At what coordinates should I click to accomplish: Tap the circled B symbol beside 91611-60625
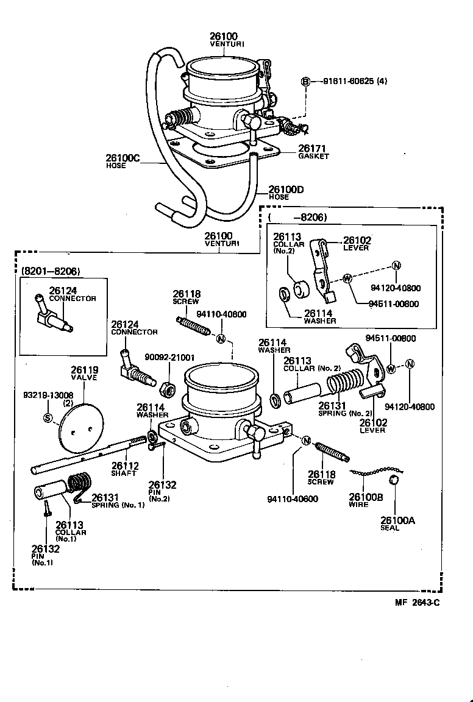point(306,81)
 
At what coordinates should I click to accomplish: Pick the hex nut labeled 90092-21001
point(169,387)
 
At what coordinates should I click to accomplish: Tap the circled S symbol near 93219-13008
point(48,417)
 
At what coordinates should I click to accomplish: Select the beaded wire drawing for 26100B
point(376,472)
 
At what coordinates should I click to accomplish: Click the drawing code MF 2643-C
point(417,603)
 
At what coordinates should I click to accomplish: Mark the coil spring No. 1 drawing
point(79,486)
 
